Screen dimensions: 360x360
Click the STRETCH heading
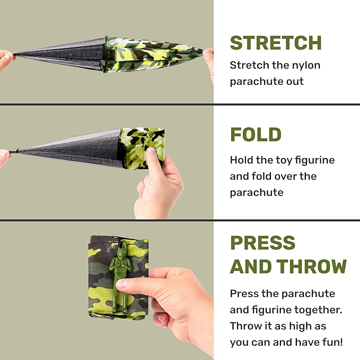point(276,42)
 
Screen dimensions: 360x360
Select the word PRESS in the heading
point(263,242)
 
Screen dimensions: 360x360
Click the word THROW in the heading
point(309,266)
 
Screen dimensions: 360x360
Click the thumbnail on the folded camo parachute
point(152,152)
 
